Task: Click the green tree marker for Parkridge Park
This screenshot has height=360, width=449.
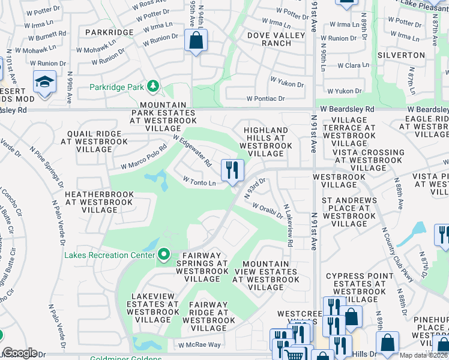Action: click(x=153, y=87)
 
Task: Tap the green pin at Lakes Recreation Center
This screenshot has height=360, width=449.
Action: click(x=163, y=255)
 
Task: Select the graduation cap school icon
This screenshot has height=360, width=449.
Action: click(x=44, y=82)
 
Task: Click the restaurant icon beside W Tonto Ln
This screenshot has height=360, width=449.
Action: click(x=232, y=170)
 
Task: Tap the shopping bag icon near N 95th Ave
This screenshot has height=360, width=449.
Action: click(x=196, y=41)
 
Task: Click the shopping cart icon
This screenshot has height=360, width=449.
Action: click(x=294, y=355)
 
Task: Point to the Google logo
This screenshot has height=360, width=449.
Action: click(x=20, y=353)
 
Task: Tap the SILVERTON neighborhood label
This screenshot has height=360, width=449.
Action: click(x=401, y=55)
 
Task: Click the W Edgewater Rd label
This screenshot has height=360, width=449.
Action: click(x=192, y=150)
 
